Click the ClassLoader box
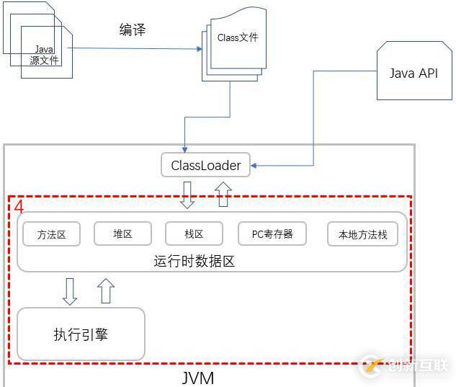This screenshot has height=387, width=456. [206, 165]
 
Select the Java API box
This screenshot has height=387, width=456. [413, 73]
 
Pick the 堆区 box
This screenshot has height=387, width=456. [122, 233]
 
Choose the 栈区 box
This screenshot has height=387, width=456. [194, 233]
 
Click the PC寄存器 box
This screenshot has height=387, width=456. [272, 233]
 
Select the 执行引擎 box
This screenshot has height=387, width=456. [81, 334]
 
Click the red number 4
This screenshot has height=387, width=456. [19, 207]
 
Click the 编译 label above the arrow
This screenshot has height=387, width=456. [132, 30]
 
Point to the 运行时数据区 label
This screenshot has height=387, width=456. [195, 261]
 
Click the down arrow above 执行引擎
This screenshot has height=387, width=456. [70, 291]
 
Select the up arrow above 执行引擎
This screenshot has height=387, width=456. [106, 291]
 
